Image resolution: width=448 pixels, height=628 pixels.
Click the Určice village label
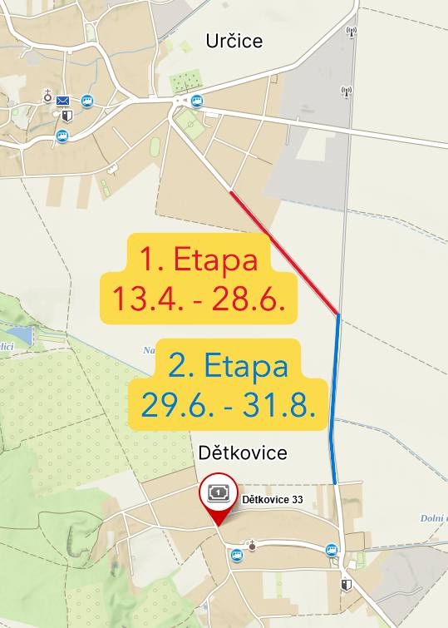(x=234, y=41)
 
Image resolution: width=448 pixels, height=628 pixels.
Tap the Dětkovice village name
(x=244, y=452)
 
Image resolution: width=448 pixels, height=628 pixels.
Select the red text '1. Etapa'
(x=198, y=260)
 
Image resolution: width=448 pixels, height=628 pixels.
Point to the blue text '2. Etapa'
(x=228, y=365)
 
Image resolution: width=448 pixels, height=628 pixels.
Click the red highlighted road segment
(x=284, y=253)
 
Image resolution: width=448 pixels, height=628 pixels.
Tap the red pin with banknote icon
(x=218, y=496)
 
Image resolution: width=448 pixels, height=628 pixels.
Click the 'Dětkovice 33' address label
(x=271, y=500)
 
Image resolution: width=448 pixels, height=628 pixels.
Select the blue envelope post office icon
(x=63, y=101)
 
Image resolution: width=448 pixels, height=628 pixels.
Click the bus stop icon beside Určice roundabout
(x=197, y=101)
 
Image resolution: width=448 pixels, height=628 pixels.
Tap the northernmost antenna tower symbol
(x=351, y=33)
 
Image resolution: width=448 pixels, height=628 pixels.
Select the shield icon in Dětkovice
(x=346, y=585)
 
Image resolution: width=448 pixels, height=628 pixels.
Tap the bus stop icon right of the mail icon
(x=87, y=101)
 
